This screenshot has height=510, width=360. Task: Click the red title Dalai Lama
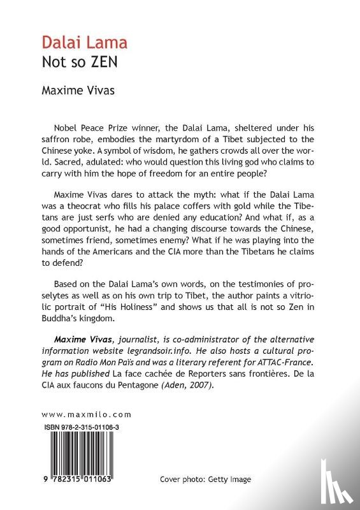click(x=84, y=43)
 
